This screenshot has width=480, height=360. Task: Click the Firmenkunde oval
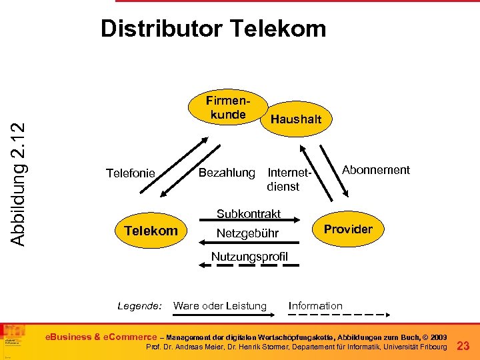[227, 108]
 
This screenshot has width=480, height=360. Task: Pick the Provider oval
[348, 229]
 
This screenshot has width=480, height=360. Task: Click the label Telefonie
[131, 174]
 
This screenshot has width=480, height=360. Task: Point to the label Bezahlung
[227, 173]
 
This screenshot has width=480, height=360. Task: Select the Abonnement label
[376, 170]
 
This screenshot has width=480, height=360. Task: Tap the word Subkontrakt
[249, 214]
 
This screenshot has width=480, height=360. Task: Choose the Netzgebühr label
[247, 234]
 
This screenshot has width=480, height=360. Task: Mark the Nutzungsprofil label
[249, 257]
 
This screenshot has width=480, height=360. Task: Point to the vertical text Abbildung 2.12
[21, 184]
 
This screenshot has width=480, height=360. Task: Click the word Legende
[139, 306]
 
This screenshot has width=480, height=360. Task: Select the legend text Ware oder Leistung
[220, 306]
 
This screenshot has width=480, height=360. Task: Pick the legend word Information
[315, 306]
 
